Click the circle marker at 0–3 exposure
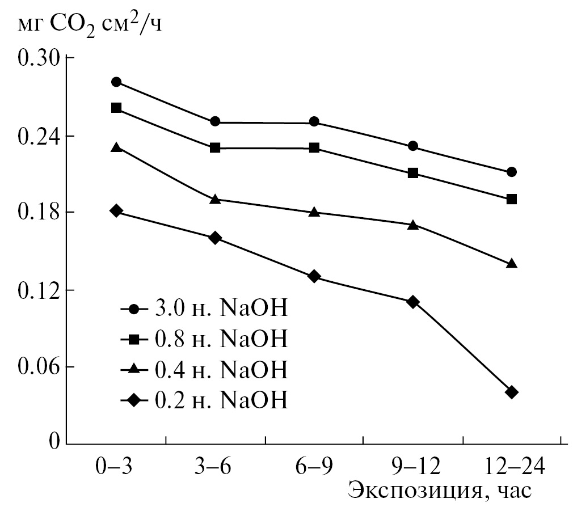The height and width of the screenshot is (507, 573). tap(117, 82)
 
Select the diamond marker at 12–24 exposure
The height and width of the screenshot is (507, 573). tap(511, 392)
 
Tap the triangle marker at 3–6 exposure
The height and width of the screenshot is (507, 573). tap(215, 199)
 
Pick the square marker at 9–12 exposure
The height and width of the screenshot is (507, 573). tap(413, 173)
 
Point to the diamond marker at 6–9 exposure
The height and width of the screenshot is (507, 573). tap(314, 276)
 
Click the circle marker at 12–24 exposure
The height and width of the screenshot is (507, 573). tap(511, 172)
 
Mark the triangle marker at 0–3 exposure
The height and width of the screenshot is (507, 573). tap(117, 147)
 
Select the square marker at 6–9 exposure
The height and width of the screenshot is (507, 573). tap(314, 148)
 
